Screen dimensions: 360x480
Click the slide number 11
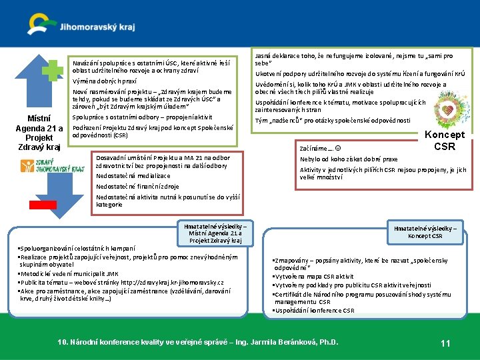click(x=446, y=343)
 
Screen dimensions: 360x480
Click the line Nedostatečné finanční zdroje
click(x=137, y=187)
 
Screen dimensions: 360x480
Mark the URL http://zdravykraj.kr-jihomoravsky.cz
click(x=179, y=282)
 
